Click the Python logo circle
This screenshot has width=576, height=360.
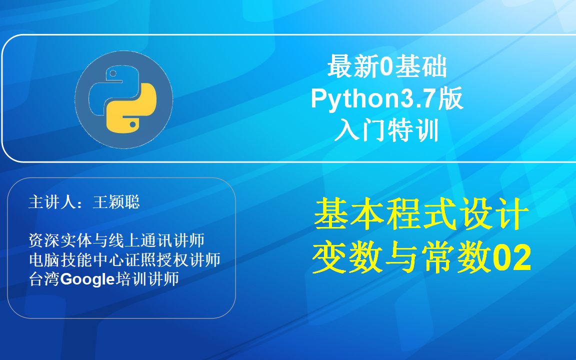[123, 100]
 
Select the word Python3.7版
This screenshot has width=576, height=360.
[387, 99]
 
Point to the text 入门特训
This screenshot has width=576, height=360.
[387, 131]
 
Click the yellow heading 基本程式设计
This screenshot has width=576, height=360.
[421, 214]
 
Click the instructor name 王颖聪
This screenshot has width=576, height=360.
[116, 202]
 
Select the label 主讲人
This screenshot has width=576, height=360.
[52, 202]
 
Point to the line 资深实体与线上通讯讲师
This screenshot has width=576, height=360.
[116, 240]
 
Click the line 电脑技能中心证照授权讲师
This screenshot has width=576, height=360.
[124, 260]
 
